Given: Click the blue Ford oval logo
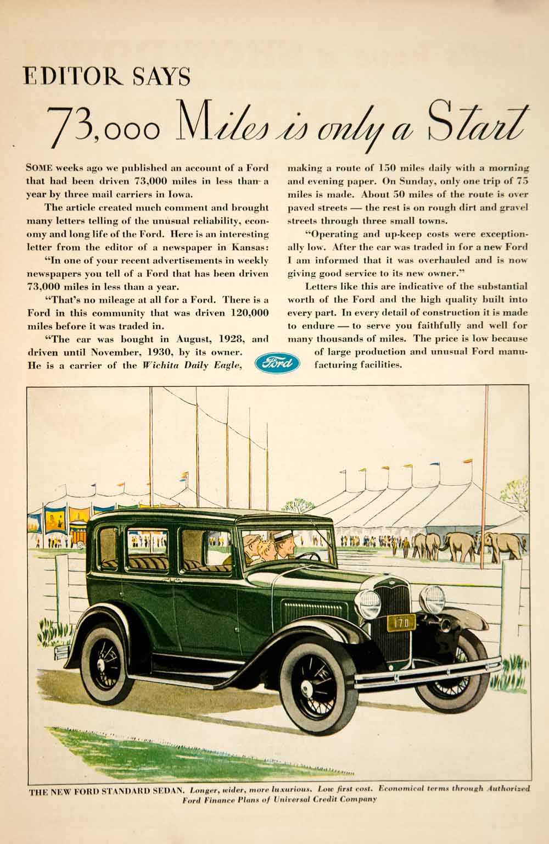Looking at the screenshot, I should pyautogui.click(x=278, y=363).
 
